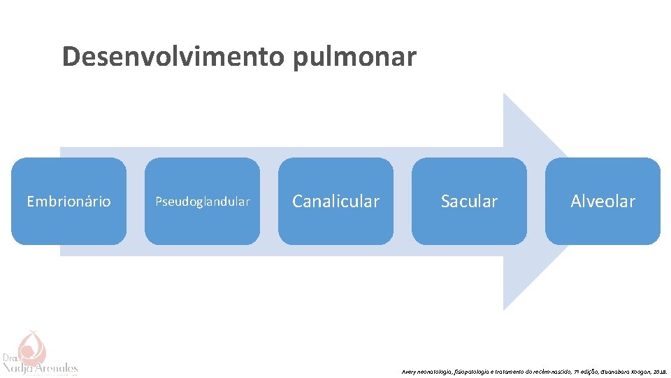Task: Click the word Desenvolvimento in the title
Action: (x=174, y=56)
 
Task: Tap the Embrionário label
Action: (x=68, y=202)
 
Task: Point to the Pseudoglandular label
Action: (x=202, y=202)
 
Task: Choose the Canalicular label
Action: (x=335, y=202)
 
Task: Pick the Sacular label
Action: (x=469, y=202)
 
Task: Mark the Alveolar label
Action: (x=603, y=202)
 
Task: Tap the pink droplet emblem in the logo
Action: (x=30, y=345)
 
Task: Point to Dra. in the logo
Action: (x=10, y=356)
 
